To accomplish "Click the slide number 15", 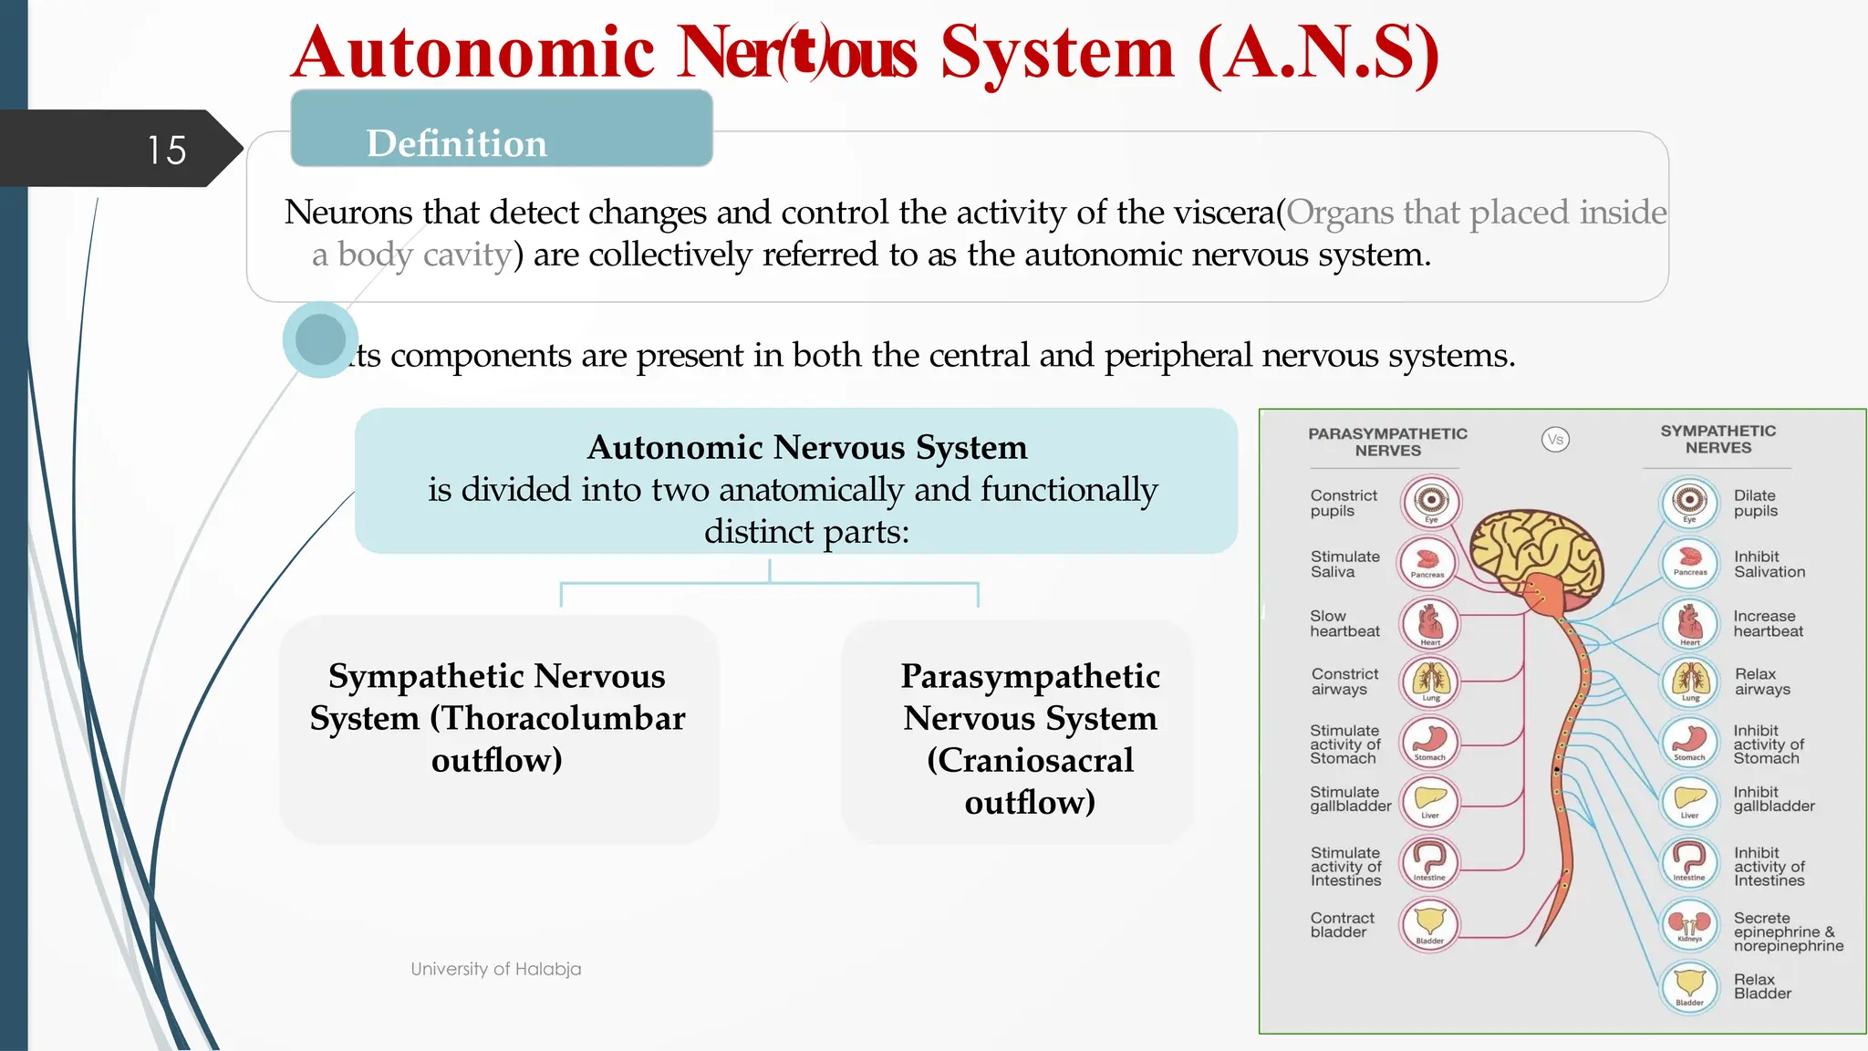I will point(167,150).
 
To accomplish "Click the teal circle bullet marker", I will point(320,339).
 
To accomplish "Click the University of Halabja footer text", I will point(495,969).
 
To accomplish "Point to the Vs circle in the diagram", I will point(1555,440).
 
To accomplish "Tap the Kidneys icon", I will point(1690,924).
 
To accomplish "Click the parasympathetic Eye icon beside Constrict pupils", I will point(1431,501).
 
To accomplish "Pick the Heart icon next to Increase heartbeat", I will point(1690,624).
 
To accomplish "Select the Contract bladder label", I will point(1342,924).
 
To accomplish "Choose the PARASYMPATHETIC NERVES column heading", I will point(1387,442).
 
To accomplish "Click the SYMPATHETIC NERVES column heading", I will point(1718,439).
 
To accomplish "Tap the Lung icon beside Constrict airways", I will point(1431,682).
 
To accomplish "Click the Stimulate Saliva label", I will point(1344,564).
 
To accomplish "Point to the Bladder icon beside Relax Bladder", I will point(1690,985).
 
